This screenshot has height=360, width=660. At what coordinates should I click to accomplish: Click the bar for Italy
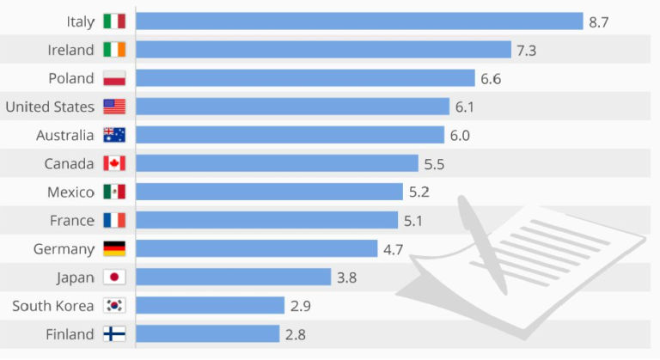(359, 21)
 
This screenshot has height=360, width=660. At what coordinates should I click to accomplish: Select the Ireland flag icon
(114, 50)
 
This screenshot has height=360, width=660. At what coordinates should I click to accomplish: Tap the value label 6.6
(491, 79)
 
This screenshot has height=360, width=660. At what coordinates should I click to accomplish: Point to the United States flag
(114, 107)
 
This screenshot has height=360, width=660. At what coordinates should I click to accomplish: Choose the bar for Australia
(290, 135)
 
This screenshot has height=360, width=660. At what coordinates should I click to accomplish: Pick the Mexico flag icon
(114, 192)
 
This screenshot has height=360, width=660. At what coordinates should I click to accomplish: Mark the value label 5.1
(413, 221)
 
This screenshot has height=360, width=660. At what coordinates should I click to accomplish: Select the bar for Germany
(257, 249)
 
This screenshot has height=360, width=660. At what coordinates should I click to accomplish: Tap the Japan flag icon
(114, 277)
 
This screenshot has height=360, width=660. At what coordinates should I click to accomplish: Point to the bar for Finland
(208, 333)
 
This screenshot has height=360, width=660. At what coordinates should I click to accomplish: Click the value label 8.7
(599, 22)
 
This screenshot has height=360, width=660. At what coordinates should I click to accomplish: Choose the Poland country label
(71, 78)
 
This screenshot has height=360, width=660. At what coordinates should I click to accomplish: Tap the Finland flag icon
(114, 333)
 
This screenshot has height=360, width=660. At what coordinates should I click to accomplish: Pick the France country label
(71, 220)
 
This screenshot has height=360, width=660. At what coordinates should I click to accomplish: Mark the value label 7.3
(527, 51)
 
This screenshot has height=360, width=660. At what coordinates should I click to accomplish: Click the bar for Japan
(234, 277)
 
